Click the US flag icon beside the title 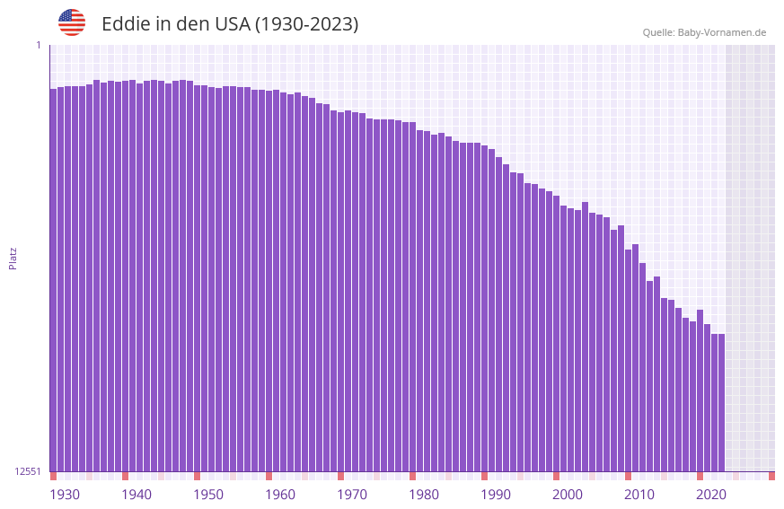[x=72, y=22]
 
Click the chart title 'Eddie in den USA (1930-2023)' [x=230, y=24]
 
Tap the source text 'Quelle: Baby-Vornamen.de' [x=704, y=32]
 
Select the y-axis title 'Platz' [x=13, y=258]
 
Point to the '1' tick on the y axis [x=38, y=45]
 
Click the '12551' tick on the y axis [x=28, y=471]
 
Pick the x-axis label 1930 [x=65, y=495]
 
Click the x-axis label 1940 [x=137, y=495]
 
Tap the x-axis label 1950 [x=208, y=495]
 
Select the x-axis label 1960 [x=280, y=495]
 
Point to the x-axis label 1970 [x=352, y=495]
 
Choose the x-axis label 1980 [x=424, y=495]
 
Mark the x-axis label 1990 [x=496, y=495]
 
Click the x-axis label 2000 [x=568, y=495]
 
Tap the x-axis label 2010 [x=639, y=495]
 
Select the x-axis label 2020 [x=711, y=495]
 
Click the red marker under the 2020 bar [x=700, y=476]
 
